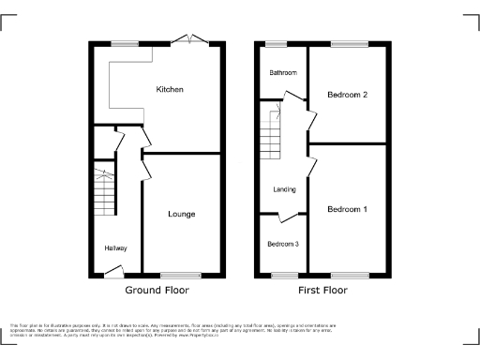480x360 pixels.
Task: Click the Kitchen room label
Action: click(170, 90)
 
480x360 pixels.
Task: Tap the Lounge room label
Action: click(182, 215)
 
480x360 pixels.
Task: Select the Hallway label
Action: click(115, 247)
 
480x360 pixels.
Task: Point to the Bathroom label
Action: click(283, 73)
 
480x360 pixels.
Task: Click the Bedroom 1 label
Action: click(347, 209)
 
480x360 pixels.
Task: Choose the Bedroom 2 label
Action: click(346, 95)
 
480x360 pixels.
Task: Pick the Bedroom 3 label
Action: click(283, 245)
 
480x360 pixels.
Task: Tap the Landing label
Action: click(285, 190)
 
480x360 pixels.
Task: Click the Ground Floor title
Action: click(157, 291)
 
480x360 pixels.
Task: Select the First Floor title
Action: click(322, 291)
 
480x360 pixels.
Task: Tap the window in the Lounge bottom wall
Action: click(181, 275)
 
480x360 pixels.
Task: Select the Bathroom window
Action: click(276, 43)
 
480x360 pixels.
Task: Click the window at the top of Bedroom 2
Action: click(349, 43)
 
